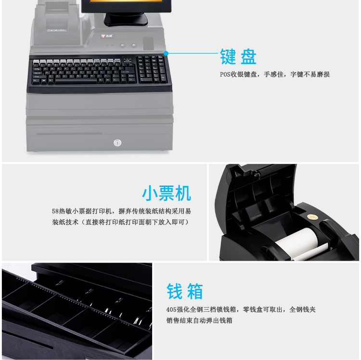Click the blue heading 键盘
238,56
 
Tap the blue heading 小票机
167,193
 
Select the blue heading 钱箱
185,291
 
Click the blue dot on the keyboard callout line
166,53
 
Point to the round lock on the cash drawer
117,143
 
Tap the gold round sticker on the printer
313,217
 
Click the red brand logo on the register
103,36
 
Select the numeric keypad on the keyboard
152,69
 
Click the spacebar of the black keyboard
76,81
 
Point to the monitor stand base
126,20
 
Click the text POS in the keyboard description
225,74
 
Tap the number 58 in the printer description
55,211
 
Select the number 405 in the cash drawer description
171,309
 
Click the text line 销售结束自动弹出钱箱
199,320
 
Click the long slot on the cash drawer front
69,133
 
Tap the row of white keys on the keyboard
77,62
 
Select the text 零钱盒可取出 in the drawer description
263,309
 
